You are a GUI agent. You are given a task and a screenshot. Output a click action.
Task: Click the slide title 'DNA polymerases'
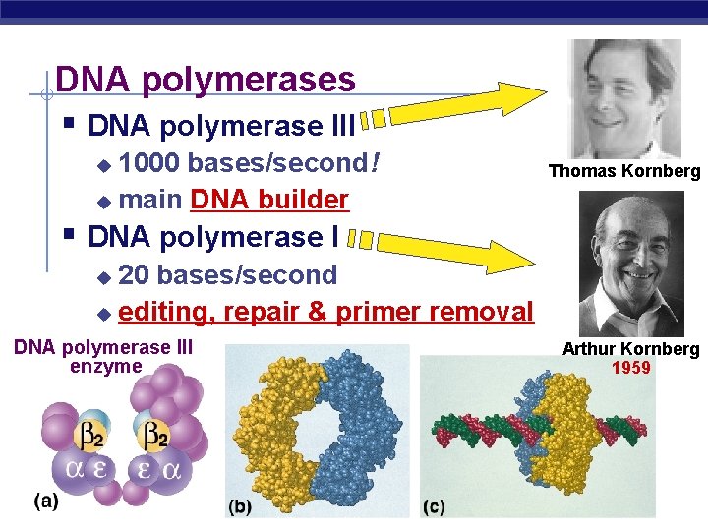click(205, 79)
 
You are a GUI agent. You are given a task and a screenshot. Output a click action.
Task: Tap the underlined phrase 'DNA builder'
click(269, 200)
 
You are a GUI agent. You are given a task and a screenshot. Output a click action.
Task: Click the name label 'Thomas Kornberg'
click(624, 172)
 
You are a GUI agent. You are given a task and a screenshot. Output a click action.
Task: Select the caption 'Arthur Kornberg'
click(630, 349)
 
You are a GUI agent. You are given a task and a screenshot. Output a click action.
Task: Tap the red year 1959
click(630, 369)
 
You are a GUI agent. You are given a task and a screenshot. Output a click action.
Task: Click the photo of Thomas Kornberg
click(625, 98)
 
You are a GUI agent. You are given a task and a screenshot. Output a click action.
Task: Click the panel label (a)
click(45, 501)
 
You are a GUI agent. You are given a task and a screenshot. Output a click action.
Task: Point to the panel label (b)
click(240, 507)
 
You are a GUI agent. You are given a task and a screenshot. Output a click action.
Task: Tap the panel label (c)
click(434, 507)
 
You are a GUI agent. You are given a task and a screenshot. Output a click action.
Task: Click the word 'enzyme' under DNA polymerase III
click(106, 367)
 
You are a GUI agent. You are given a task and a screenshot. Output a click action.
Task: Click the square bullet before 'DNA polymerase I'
click(68, 236)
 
